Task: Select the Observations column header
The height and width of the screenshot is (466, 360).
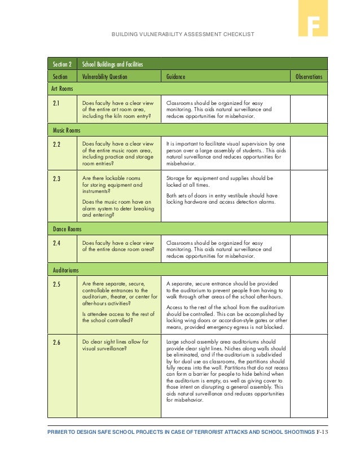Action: click(309, 77)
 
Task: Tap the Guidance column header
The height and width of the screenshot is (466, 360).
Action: click(175, 77)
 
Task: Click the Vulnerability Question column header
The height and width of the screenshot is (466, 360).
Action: click(105, 77)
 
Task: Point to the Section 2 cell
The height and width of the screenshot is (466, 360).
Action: click(63, 64)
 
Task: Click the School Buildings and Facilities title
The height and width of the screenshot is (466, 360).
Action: click(113, 64)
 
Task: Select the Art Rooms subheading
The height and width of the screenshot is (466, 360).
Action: click(63, 89)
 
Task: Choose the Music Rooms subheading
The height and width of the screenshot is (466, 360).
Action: click(67, 130)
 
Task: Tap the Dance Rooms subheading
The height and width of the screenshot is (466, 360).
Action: click(67, 229)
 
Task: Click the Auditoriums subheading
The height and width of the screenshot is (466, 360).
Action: click(65, 270)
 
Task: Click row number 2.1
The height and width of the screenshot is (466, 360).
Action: click(56, 103)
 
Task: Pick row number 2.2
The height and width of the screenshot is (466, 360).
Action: click(56, 144)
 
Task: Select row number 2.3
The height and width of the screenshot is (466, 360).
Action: click(56, 179)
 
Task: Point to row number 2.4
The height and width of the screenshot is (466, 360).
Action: click(56, 243)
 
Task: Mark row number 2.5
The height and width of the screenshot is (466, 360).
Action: click(56, 284)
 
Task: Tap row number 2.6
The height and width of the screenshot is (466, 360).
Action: click(56, 342)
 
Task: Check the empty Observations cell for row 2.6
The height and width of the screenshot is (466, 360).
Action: click(309, 376)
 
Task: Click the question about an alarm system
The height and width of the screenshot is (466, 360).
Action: click(118, 208)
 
